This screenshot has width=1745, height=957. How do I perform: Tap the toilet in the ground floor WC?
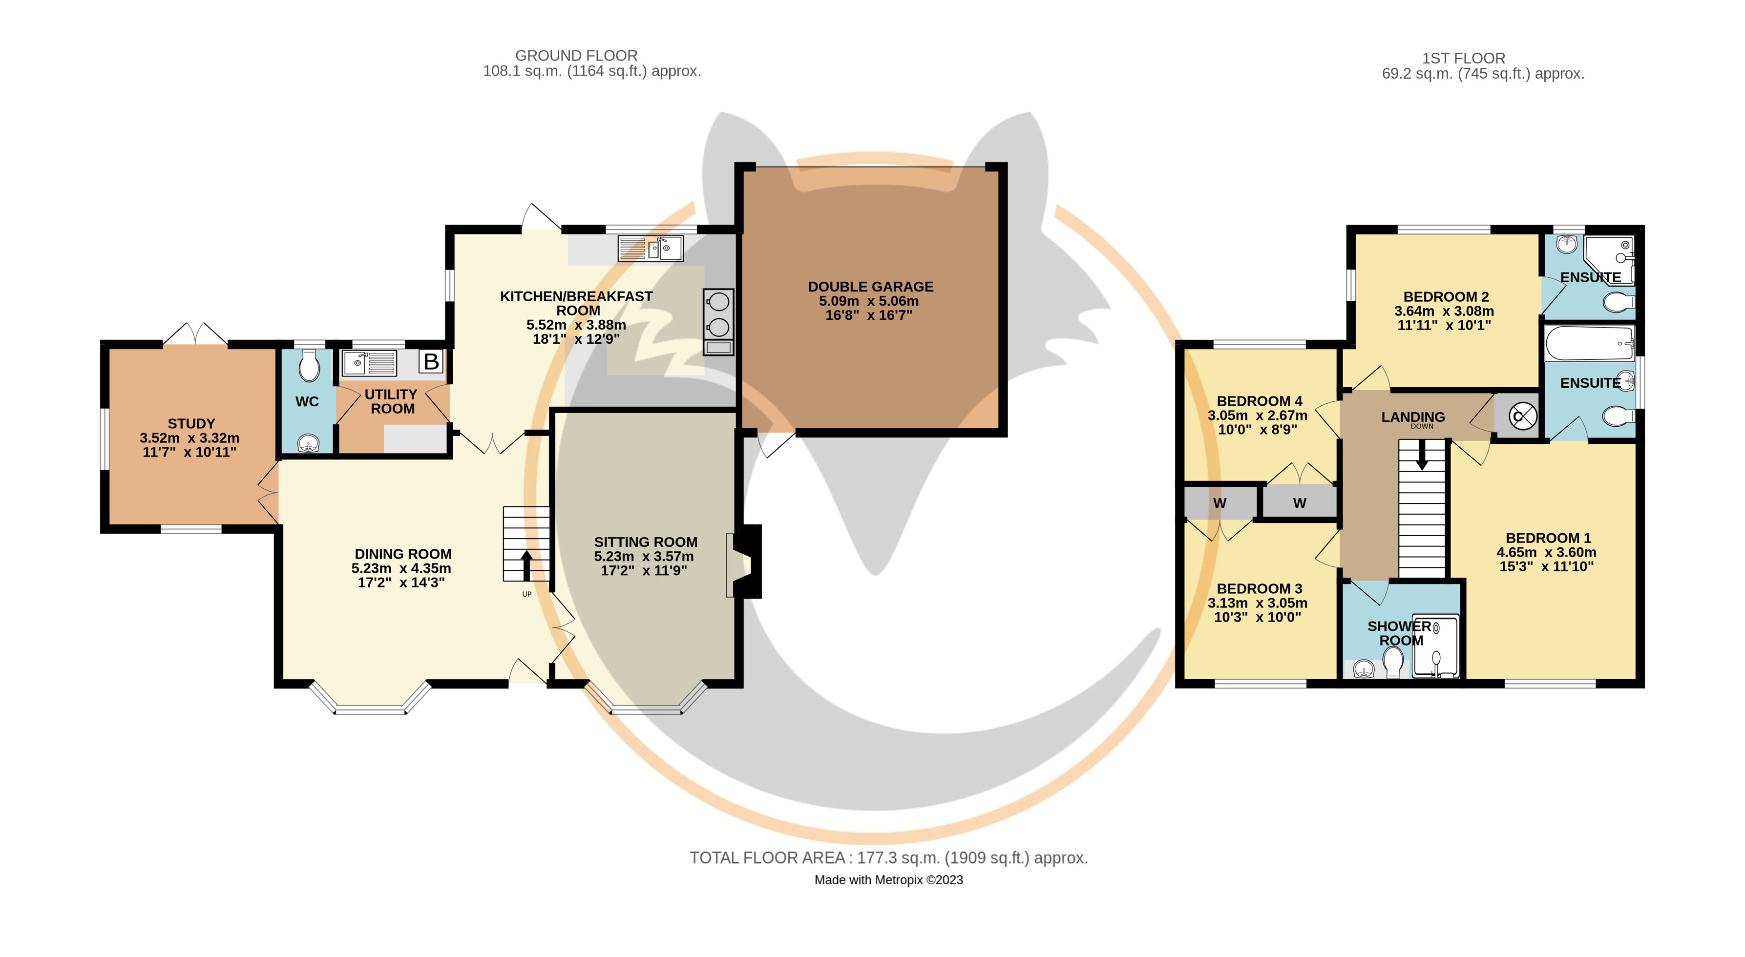click(x=309, y=366)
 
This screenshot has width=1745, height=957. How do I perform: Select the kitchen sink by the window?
click(x=651, y=249)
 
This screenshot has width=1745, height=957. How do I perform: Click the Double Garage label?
click(x=870, y=287)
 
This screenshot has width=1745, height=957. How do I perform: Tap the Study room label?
click(x=191, y=423)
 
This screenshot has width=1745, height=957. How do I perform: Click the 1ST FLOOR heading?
click(x=1463, y=58)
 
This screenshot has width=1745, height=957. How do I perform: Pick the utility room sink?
click(x=369, y=363)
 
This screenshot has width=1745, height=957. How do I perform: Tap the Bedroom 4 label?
click(x=1259, y=401)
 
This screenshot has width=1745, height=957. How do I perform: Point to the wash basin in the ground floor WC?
click(x=309, y=444)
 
